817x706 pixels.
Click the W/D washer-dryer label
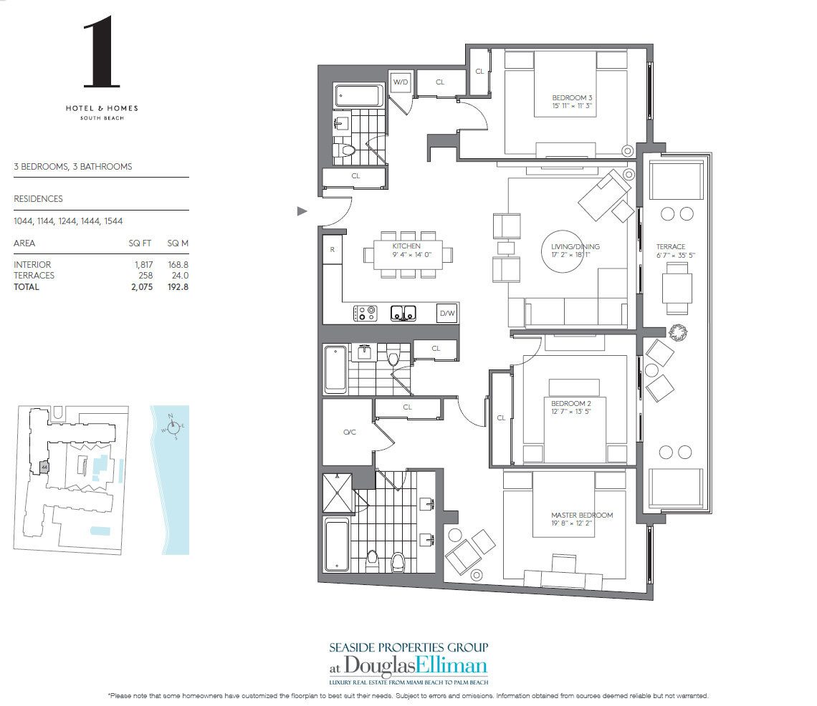[400, 82]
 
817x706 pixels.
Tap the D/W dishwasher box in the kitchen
[447, 313]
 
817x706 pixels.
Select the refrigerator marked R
[332, 250]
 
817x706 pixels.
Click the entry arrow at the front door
[302, 211]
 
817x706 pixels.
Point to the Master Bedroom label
[581, 516]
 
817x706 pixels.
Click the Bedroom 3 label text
[571, 97]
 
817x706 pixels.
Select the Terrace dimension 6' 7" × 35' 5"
[672, 256]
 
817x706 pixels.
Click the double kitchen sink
[403, 313]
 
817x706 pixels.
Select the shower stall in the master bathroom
[338, 493]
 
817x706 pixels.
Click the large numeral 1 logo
[101, 54]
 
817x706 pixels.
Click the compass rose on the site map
[173, 428]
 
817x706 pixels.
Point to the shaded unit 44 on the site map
[44, 466]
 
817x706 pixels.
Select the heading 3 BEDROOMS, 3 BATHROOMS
[73, 167]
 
